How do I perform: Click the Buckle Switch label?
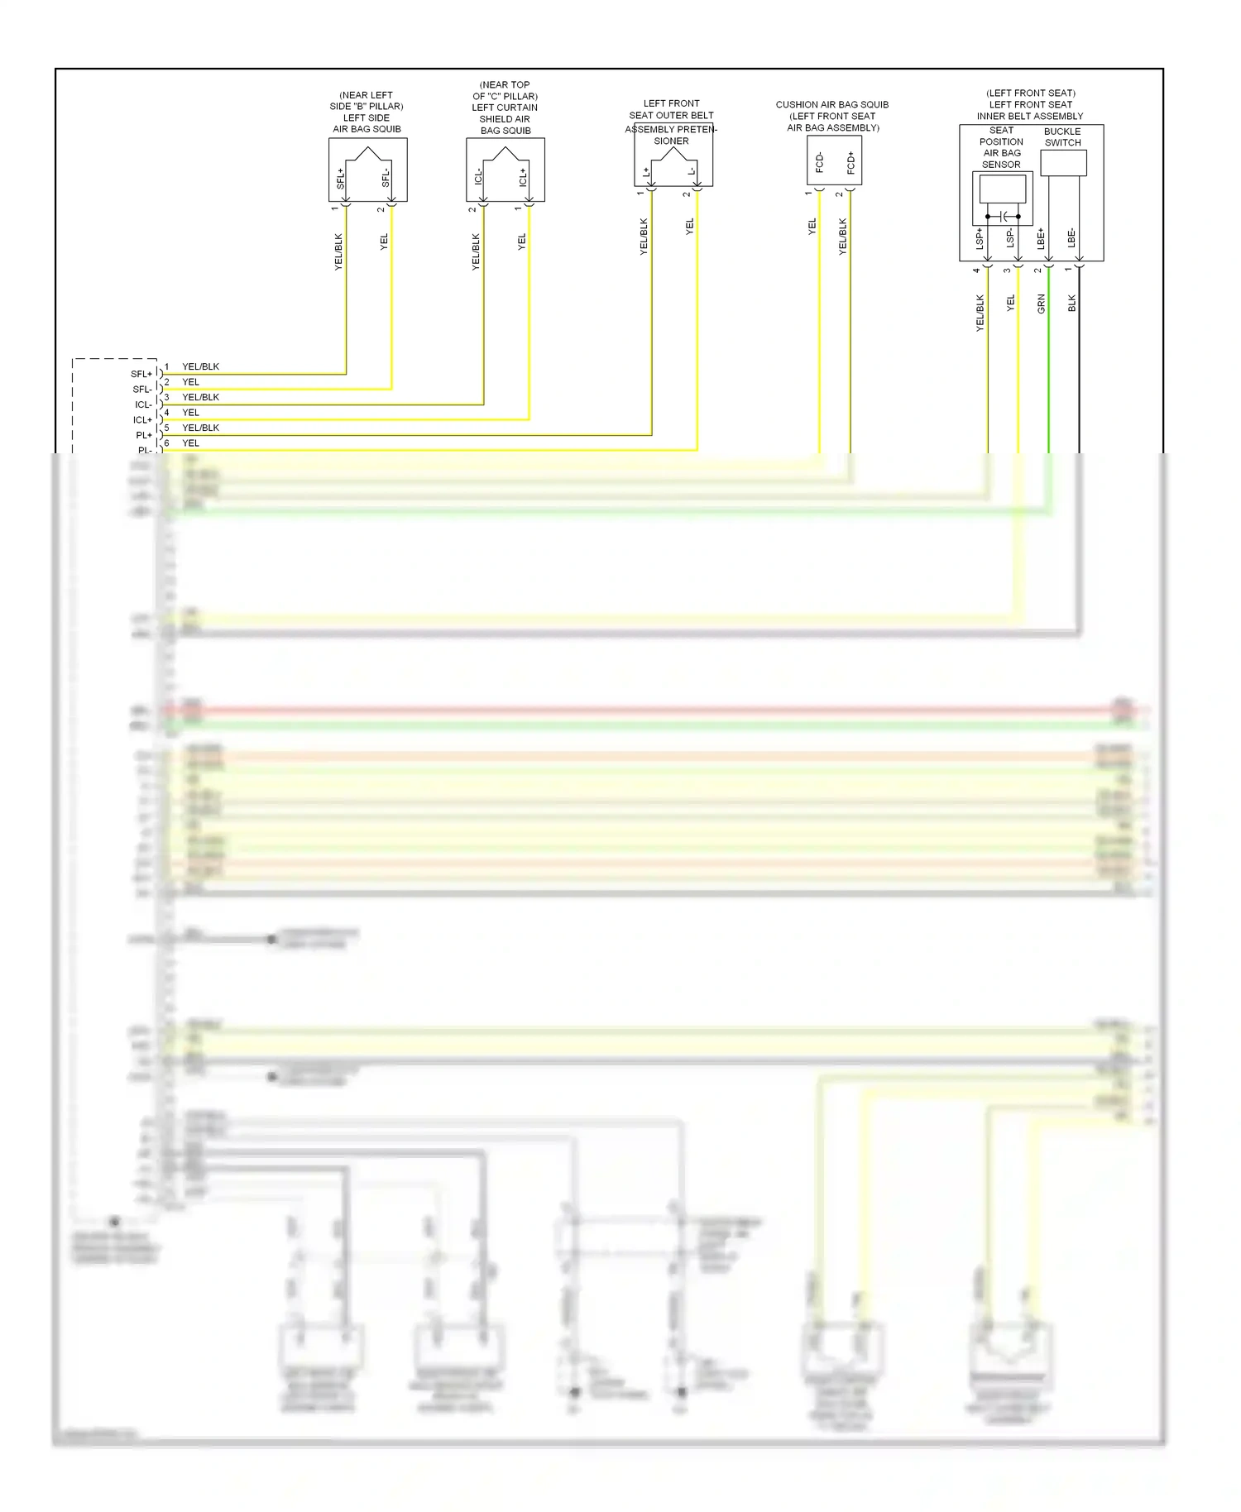click(1062, 137)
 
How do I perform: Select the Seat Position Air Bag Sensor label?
click(1001, 147)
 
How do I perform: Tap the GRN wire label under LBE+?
click(1041, 304)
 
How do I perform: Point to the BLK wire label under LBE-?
click(1072, 304)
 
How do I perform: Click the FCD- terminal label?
click(819, 162)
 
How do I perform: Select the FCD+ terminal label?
click(850, 162)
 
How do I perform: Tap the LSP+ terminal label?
click(980, 238)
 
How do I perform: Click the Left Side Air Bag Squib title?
click(367, 112)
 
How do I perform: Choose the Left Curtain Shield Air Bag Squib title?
click(505, 108)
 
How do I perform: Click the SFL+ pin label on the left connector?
click(141, 374)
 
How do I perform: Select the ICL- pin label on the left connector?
click(143, 404)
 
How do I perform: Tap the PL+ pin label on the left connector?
click(144, 435)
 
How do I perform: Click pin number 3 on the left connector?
click(166, 397)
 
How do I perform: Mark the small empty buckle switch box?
click(1063, 163)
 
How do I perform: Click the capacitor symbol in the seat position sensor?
click(1004, 217)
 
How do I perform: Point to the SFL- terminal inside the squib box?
click(386, 177)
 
